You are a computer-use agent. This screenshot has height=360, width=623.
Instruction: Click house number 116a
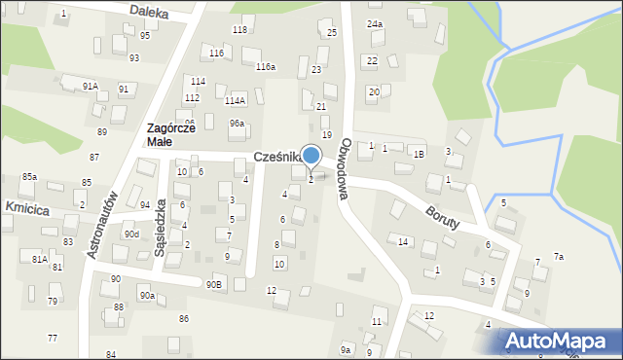click(265, 66)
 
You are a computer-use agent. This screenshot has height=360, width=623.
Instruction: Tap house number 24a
click(374, 23)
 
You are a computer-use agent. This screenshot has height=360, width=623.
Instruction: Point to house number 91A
click(90, 87)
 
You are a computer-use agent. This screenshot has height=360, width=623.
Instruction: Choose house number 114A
click(235, 100)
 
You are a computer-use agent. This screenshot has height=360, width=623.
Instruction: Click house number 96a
click(237, 124)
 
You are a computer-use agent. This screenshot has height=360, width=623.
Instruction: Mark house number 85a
click(29, 177)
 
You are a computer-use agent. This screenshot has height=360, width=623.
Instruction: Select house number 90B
click(213, 284)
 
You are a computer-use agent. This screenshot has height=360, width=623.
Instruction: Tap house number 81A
click(39, 259)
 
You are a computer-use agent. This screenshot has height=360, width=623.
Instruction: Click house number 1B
click(419, 154)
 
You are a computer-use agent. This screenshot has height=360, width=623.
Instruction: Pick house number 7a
click(559, 256)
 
